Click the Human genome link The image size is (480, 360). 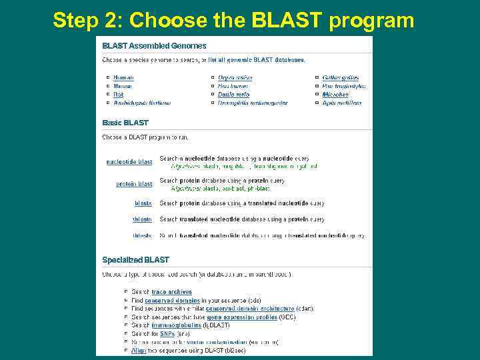[x=123, y=78]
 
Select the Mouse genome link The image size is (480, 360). [x=123, y=87]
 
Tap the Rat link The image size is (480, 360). [x=119, y=95]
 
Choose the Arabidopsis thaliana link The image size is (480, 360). [x=142, y=103]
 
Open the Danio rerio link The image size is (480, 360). [x=233, y=95]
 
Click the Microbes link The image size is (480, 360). [x=335, y=95]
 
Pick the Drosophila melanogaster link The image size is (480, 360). [x=253, y=103]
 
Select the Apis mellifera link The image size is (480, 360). [x=341, y=103]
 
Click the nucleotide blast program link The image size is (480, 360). [x=129, y=162]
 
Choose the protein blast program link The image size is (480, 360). [x=134, y=184]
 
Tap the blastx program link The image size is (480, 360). [x=143, y=203]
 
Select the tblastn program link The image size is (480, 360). [x=142, y=219]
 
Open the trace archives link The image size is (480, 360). [x=171, y=292]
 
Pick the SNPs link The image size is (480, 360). [x=168, y=334]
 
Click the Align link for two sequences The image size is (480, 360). [x=139, y=351]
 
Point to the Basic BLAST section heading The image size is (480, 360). [x=125, y=123]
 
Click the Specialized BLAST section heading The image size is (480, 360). [x=135, y=260]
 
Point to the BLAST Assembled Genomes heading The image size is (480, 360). [x=154, y=46]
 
